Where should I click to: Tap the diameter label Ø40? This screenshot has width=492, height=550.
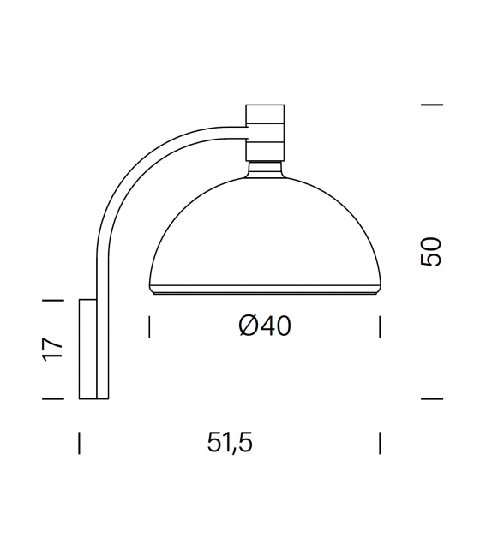(265, 326)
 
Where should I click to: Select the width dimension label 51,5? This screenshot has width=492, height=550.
(231, 443)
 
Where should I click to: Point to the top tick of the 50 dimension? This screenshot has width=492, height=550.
(432, 105)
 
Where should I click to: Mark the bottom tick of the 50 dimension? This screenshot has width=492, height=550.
(432, 398)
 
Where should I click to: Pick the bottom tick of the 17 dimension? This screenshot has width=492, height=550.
(53, 398)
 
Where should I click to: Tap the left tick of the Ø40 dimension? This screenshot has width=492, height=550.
(150, 326)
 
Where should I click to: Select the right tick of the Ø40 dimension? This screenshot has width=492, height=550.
(380, 326)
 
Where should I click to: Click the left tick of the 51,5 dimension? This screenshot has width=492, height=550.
(79, 443)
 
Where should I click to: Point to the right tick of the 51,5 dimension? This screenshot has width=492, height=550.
(380, 443)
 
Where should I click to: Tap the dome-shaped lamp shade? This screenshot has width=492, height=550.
(265, 231)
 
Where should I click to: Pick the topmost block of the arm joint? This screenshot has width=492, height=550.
(265, 114)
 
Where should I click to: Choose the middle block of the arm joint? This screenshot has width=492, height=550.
(265, 133)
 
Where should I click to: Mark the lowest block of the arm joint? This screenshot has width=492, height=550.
(265, 152)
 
